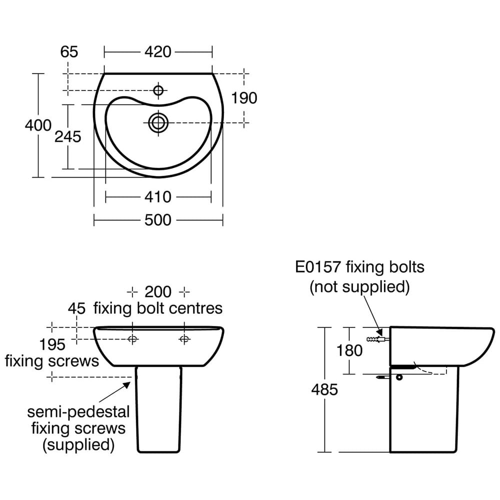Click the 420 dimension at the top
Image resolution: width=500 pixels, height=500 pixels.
[x=158, y=51]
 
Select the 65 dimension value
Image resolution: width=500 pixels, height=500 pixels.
[x=69, y=51]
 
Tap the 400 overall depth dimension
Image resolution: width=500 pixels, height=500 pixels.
[x=38, y=125]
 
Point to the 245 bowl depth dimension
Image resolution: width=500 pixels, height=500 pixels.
[x=67, y=136]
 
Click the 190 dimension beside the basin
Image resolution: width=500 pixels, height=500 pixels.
[x=243, y=98]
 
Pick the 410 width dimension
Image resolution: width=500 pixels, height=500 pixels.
[x=158, y=197]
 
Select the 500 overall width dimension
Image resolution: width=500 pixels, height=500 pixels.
[x=158, y=220]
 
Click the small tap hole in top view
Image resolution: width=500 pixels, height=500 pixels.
[x=158, y=90]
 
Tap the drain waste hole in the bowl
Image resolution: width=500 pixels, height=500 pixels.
[x=158, y=121]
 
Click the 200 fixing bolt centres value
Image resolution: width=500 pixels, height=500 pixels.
[x=158, y=291]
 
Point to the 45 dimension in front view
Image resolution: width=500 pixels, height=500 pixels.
[x=76, y=308]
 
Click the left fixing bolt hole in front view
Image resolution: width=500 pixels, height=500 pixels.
[x=132, y=339]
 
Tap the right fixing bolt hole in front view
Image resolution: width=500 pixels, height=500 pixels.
[x=184, y=339]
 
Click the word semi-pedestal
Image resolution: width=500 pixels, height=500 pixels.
[x=78, y=412]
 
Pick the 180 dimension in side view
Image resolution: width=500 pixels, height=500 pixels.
[x=349, y=350]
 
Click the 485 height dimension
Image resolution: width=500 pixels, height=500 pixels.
[x=324, y=389]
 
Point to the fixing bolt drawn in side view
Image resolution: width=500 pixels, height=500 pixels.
[x=377, y=339]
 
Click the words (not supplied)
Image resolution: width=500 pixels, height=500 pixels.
[x=359, y=287]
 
